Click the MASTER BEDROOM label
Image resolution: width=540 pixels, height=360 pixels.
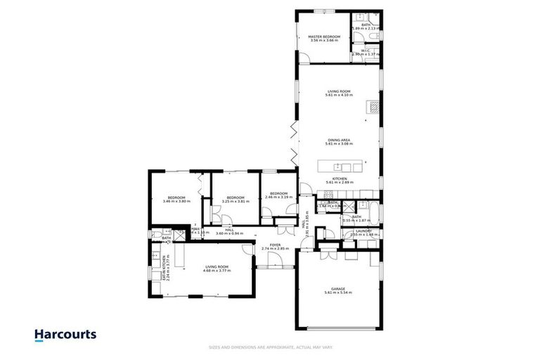tap(324, 36)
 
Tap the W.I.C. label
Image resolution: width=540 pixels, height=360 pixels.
tap(366, 50)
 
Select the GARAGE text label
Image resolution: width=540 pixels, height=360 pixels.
tap(339, 288)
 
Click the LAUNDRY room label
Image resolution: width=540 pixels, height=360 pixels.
tap(364, 231)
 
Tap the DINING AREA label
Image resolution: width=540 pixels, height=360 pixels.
tap(339, 139)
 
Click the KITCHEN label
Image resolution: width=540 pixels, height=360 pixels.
tap(339, 179)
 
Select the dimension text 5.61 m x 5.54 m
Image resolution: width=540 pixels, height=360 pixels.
tap(339, 292)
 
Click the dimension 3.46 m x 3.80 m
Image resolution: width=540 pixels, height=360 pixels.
tap(176, 202)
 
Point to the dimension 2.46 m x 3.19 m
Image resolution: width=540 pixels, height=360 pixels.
tap(278, 198)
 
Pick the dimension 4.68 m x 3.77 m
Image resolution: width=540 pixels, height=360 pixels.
tap(217, 271)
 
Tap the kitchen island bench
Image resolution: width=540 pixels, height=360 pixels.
tap(341, 167)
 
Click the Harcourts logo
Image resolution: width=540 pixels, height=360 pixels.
tap(65, 335)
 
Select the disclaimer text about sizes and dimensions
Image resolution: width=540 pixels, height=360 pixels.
tap(270, 347)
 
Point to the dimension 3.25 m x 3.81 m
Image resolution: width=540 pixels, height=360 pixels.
tap(235, 202)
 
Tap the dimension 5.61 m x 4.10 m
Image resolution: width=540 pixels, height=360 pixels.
tap(339, 95)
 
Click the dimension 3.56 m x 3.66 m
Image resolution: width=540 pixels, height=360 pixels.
tap(324, 41)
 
